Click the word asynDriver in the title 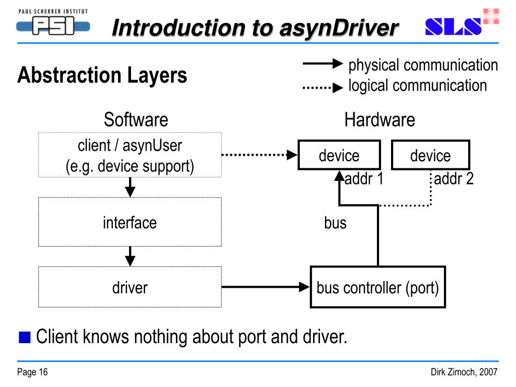click(338, 28)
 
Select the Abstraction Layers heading click(102, 76)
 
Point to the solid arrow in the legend click(322, 64)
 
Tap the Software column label click(136, 120)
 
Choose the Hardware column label click(379, 120)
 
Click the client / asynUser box click(130, 155)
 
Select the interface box click(130, 222)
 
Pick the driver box click(130, 287)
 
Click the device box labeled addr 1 click(339, 155)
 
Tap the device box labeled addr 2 click(430, 155)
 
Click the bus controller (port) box click(377, 288)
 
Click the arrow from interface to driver click(130, 256)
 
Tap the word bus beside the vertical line click(335, 222)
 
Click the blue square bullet click(24, 337)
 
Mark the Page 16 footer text click(32, 372)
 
